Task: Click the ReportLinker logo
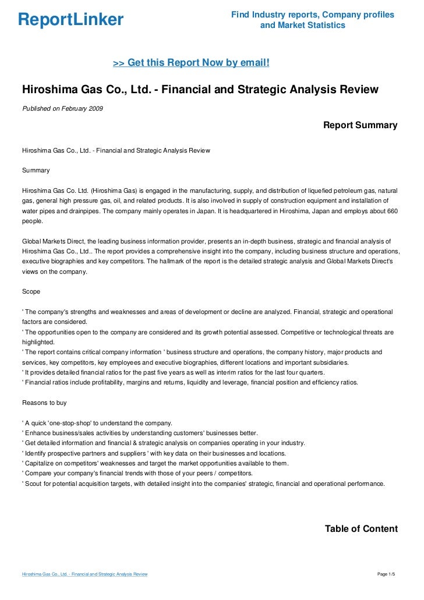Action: click(71, 20)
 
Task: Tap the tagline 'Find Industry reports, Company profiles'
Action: click(313, 14)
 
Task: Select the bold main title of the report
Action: click(200, 90)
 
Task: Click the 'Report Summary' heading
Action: click(360, 125)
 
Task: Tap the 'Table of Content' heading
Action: click(361, 529)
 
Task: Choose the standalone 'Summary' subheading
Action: click(36, 171)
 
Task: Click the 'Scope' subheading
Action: click(31, 291)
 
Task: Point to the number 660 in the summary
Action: click(391, 211)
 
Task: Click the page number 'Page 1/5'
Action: click(386, 574)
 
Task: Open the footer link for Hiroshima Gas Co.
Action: click(84, 574)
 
